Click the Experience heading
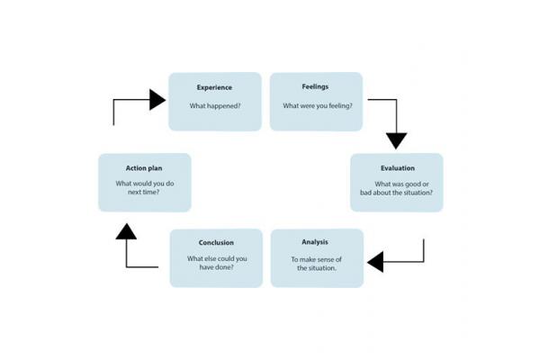click(214, 87)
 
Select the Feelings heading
click(317, 87)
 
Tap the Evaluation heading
click(397, 168)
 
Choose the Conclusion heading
click(216, 242)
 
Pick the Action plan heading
click(144, 168)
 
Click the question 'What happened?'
click(214, 106)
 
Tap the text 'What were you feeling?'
click(317, 106)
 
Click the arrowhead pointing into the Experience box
click(158, 99)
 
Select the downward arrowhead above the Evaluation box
click(397, 140)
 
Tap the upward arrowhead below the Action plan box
click(126, 231)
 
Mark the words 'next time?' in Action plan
click(144, 193)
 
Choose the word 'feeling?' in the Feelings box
click(337, 106)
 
